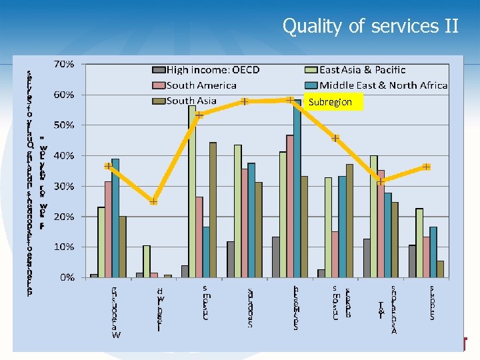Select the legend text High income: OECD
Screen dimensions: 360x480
(x=213, y=70)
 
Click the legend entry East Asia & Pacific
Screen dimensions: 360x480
(x=363, y=70)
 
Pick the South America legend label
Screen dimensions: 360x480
(x=201, y=85)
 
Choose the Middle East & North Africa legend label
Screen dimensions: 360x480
(x=383, y=85)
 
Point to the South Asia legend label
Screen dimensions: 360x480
(x=191, y=101)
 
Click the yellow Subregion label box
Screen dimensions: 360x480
(x=334, y=103)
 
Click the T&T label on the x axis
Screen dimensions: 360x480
(x=381, y=309)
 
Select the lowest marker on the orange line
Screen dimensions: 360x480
(x=153, y=201)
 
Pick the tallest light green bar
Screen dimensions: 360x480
(x=192, y=191)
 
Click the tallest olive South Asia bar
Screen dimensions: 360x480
(x=213, y=210)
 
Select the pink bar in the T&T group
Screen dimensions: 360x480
(x=381, y=223)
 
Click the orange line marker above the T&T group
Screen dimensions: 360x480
(x=380, y=181)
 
